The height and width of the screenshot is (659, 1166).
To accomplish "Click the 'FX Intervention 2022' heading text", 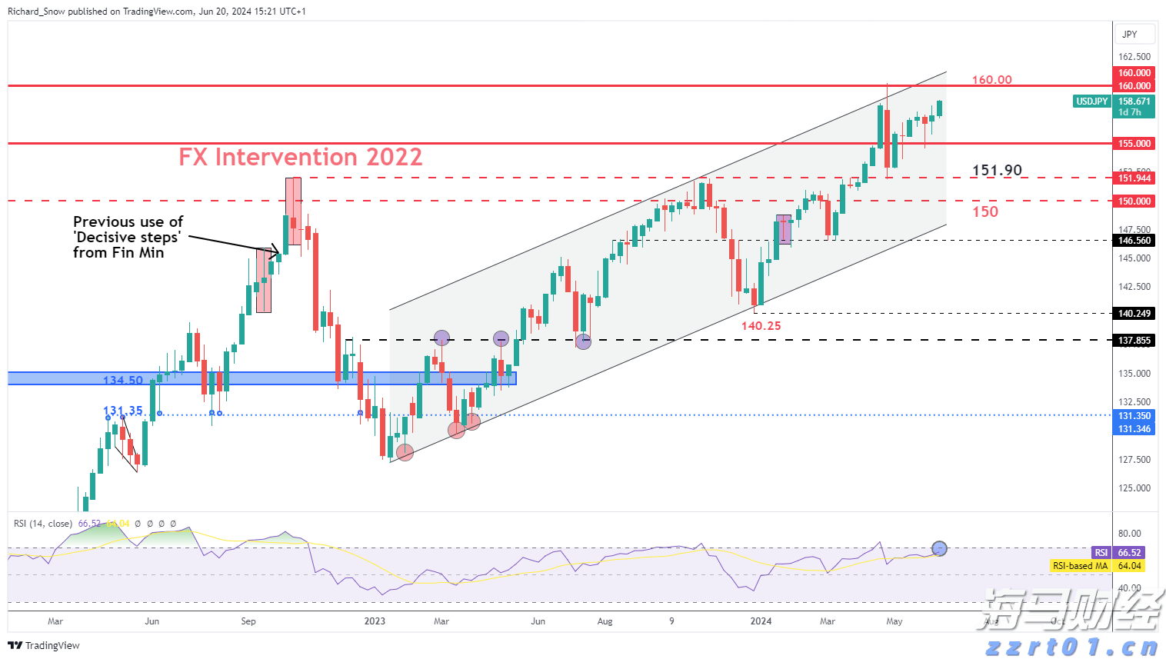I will tap(301, 157).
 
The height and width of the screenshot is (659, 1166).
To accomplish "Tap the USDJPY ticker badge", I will tap(1091, 102).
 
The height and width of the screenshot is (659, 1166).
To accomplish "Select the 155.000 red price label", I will tap(1134, 144).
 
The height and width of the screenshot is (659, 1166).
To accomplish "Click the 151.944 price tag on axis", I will tap(1134, 178).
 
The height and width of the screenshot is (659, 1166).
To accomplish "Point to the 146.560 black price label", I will tap(1134, 241).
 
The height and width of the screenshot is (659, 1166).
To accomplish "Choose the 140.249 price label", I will tap(1134, 314).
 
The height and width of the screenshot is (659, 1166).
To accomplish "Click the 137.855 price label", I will tap(1134, 341).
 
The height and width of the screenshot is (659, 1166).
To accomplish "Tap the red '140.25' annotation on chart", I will tap(761, 326).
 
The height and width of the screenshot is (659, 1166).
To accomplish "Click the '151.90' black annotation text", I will tap(997, 171).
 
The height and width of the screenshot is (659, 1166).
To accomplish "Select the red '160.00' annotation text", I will tap(992, 80).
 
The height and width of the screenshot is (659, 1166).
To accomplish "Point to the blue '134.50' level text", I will tap(123, 381).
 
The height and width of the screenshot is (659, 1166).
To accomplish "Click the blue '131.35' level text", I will tap(123, 411).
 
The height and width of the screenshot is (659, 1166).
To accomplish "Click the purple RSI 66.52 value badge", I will tap(1118, 553).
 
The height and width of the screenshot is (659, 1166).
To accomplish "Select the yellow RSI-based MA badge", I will tap(1097, 566).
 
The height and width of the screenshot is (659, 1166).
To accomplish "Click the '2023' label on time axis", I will tap(375, 621).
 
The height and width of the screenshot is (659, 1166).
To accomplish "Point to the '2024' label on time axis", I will tap(761, 621).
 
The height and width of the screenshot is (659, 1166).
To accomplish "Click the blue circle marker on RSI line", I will tap(939, 548).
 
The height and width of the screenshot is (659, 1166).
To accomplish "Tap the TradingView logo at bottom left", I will tap(44, 645).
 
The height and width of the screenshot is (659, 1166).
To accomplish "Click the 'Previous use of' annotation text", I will tap(128, 222).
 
